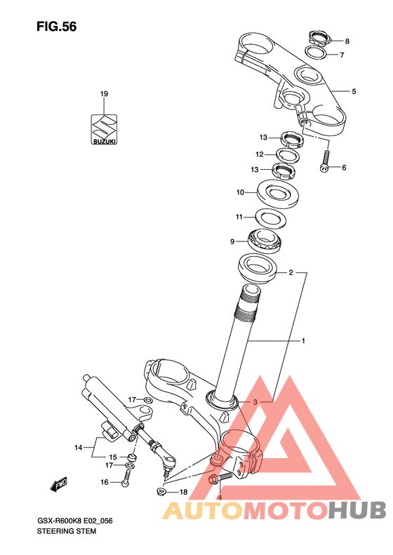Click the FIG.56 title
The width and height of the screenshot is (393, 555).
tap(56, 27)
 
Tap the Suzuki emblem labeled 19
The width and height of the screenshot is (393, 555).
tap(104, 129)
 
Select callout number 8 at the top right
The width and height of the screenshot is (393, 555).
tap(347, 41)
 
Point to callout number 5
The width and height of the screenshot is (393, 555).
tap(354, 91)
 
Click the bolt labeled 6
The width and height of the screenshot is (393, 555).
tap(326, 161)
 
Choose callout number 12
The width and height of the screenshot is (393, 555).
tap(260, 154)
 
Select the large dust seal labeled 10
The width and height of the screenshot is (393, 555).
tap(278, 193)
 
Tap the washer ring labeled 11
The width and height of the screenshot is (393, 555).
tap(270, 219)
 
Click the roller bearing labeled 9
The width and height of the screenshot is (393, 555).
tap(264, 241)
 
